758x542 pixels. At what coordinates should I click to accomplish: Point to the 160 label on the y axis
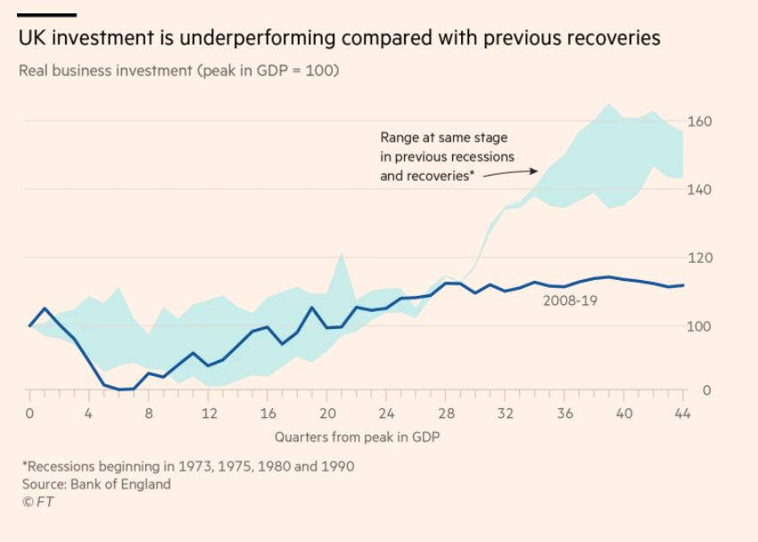pos(701,121)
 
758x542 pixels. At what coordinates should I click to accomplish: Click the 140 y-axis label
pos(701,190)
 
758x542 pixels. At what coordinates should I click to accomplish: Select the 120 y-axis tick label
pos(701,259)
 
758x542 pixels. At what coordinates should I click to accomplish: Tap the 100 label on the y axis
pos(701,326)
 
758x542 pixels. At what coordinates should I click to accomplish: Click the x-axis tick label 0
pos(29,414)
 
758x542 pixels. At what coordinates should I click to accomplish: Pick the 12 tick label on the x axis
pos(210,414)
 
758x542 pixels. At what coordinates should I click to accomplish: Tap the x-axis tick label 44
pos(683,414)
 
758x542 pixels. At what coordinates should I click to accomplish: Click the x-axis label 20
pos(328,414)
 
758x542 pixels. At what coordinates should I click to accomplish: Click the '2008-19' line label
pos(571,300)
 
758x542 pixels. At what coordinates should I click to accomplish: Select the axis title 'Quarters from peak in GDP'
pos(357,437)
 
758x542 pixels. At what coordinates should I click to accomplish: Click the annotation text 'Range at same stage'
pos(443,137)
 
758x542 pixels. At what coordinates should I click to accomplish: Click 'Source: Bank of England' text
pos(96,484)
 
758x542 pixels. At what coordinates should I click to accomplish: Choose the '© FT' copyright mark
pos(37,502)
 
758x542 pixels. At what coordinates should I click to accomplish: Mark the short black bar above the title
pos(46,15)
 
